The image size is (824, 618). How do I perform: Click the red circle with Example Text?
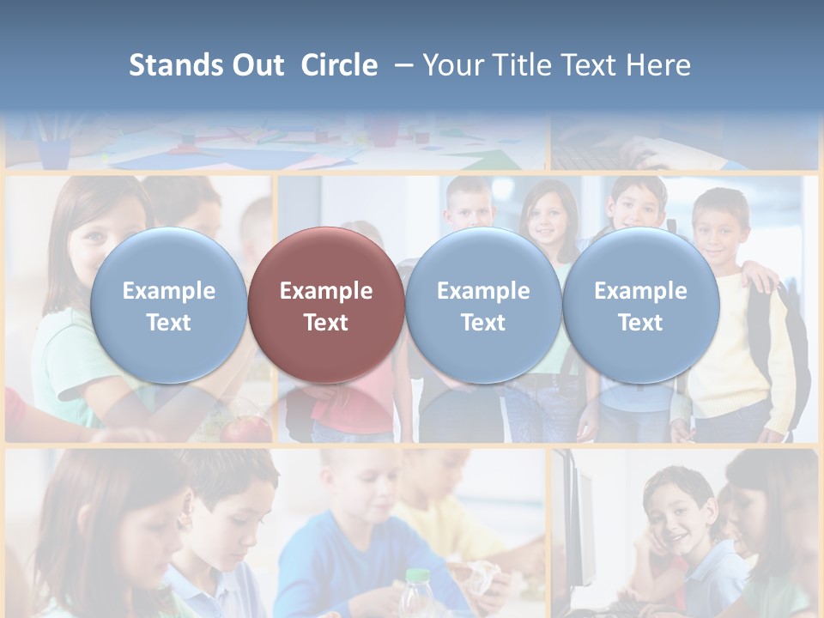click(326, 306)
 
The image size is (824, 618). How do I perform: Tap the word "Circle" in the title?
click(339, 65)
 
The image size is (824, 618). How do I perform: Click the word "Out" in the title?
click(257, 65)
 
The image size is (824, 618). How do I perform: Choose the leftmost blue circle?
click(168, 306)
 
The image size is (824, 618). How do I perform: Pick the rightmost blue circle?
click(640, 306)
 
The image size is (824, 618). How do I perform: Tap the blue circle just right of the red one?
click(483, 306)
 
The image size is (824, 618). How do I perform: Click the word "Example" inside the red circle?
click(326, 291)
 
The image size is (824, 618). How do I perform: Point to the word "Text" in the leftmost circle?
click(168, 323)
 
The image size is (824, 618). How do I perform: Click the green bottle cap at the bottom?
click(416, 576)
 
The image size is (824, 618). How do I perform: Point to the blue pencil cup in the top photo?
click(54, 153)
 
